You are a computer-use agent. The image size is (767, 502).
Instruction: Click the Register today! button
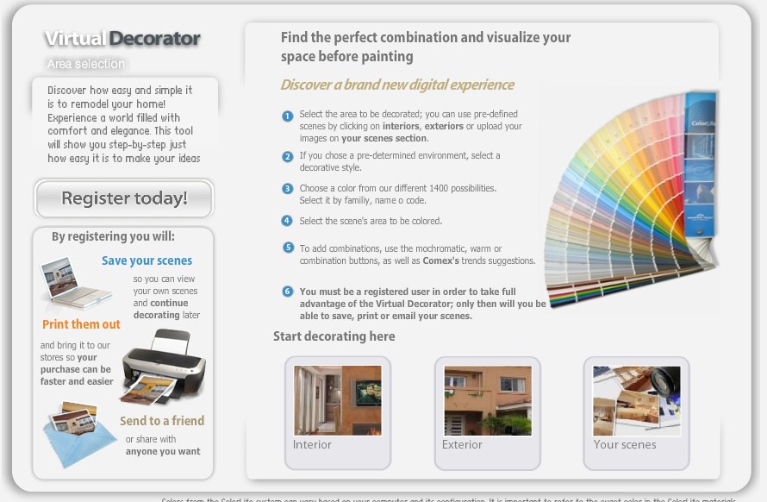[124, 198]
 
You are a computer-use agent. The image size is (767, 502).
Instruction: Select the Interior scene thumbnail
[337, 401]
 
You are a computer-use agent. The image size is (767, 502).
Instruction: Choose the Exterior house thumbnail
[487, 401]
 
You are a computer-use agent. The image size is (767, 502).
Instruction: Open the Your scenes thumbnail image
[636, 401]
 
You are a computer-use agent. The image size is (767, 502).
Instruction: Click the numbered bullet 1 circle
[288, 116]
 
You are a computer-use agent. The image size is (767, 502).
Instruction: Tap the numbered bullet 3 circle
[288, 189]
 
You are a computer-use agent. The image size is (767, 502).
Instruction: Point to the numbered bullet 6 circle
[288, 292]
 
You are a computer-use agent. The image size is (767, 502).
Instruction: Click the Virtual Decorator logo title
[122, 39]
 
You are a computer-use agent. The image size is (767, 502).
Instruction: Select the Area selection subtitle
[86, 64]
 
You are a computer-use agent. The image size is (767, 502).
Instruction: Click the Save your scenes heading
[147, 260]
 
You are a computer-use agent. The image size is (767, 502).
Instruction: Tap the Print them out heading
[82, 324]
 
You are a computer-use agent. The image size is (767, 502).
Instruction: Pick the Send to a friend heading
[162, 421]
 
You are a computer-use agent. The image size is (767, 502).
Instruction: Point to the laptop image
[77, 284]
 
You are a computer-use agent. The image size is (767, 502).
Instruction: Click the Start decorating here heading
[334, 336]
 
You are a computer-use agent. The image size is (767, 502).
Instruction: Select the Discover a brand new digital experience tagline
[397, 85]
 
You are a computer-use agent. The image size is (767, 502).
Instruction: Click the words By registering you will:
[113, 236]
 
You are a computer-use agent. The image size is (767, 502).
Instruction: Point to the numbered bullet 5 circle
[288, 248]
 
